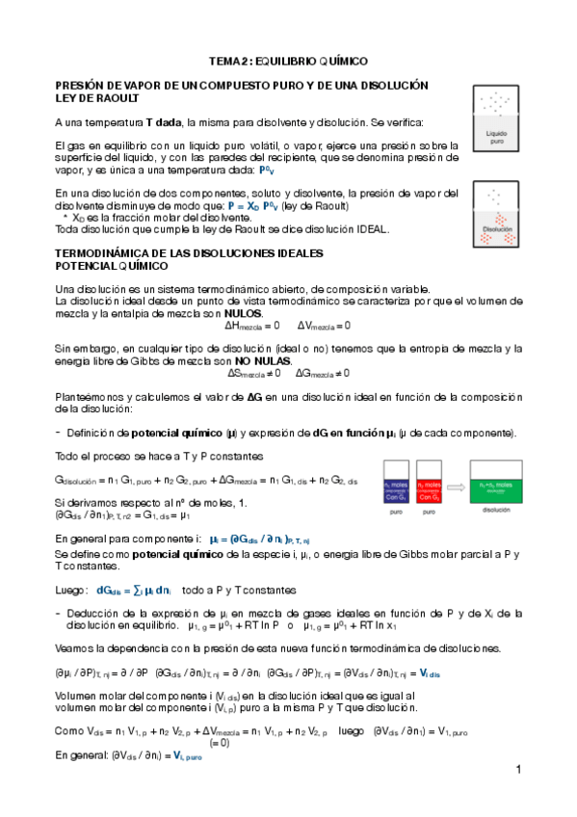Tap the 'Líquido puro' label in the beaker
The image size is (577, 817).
(x=497, y=137)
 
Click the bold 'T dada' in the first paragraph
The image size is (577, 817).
(x=164, y=122)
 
